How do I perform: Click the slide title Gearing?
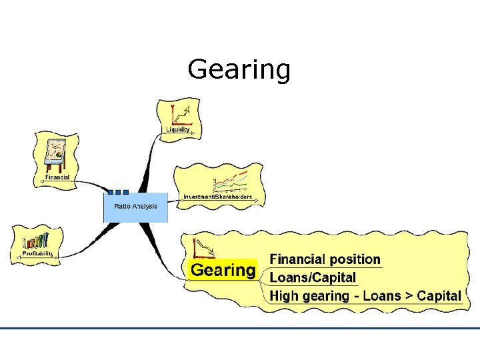[239, 69]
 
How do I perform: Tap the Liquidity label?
[177, 129]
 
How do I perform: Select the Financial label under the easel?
[57, 177]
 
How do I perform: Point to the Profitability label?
[37, 253]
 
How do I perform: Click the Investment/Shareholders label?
[217, 197]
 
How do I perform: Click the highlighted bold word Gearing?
[223, 270]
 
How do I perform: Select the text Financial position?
[325, 259]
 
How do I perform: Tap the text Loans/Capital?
[313, 277]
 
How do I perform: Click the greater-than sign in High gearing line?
[408, 295]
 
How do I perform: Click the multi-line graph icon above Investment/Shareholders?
[230, 181]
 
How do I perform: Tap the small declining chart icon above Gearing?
[203, 249]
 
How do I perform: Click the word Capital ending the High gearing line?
[439, 295]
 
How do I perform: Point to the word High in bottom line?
[284, 295]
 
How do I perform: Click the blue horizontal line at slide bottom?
[240, 328]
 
